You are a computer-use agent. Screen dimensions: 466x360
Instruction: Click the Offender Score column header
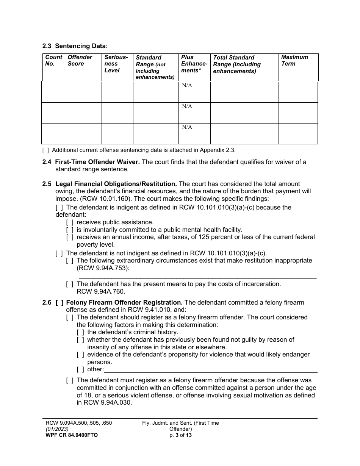(80, 60)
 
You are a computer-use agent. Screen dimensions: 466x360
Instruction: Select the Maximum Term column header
(294, 60)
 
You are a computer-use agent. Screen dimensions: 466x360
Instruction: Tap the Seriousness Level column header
(116, 64)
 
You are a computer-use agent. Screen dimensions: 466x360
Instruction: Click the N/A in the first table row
(187, 86)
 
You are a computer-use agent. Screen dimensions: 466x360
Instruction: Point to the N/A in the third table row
(187, 127)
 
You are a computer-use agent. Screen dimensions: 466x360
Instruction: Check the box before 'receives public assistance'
(70, 222)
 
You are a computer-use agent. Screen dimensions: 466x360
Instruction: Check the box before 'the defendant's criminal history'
(80, 332)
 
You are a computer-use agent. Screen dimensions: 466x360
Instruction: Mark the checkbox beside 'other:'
(80, 369)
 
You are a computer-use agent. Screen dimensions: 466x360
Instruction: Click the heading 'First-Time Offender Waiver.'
(97, 162)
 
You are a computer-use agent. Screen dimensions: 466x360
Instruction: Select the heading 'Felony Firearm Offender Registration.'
(124, 302)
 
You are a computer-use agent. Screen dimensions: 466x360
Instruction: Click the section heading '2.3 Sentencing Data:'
(75, 46)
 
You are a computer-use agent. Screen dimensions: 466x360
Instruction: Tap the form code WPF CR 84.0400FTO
(72, 435)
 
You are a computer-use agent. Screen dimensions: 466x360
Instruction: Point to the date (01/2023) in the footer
(57, 429)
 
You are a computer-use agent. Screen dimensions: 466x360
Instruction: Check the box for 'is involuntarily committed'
(70, 230)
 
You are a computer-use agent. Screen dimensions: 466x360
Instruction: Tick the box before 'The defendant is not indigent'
(59, 253)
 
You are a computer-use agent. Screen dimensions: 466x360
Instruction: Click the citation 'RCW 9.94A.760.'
(101, 292)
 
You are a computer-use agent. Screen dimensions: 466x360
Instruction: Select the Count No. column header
(53, 60)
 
